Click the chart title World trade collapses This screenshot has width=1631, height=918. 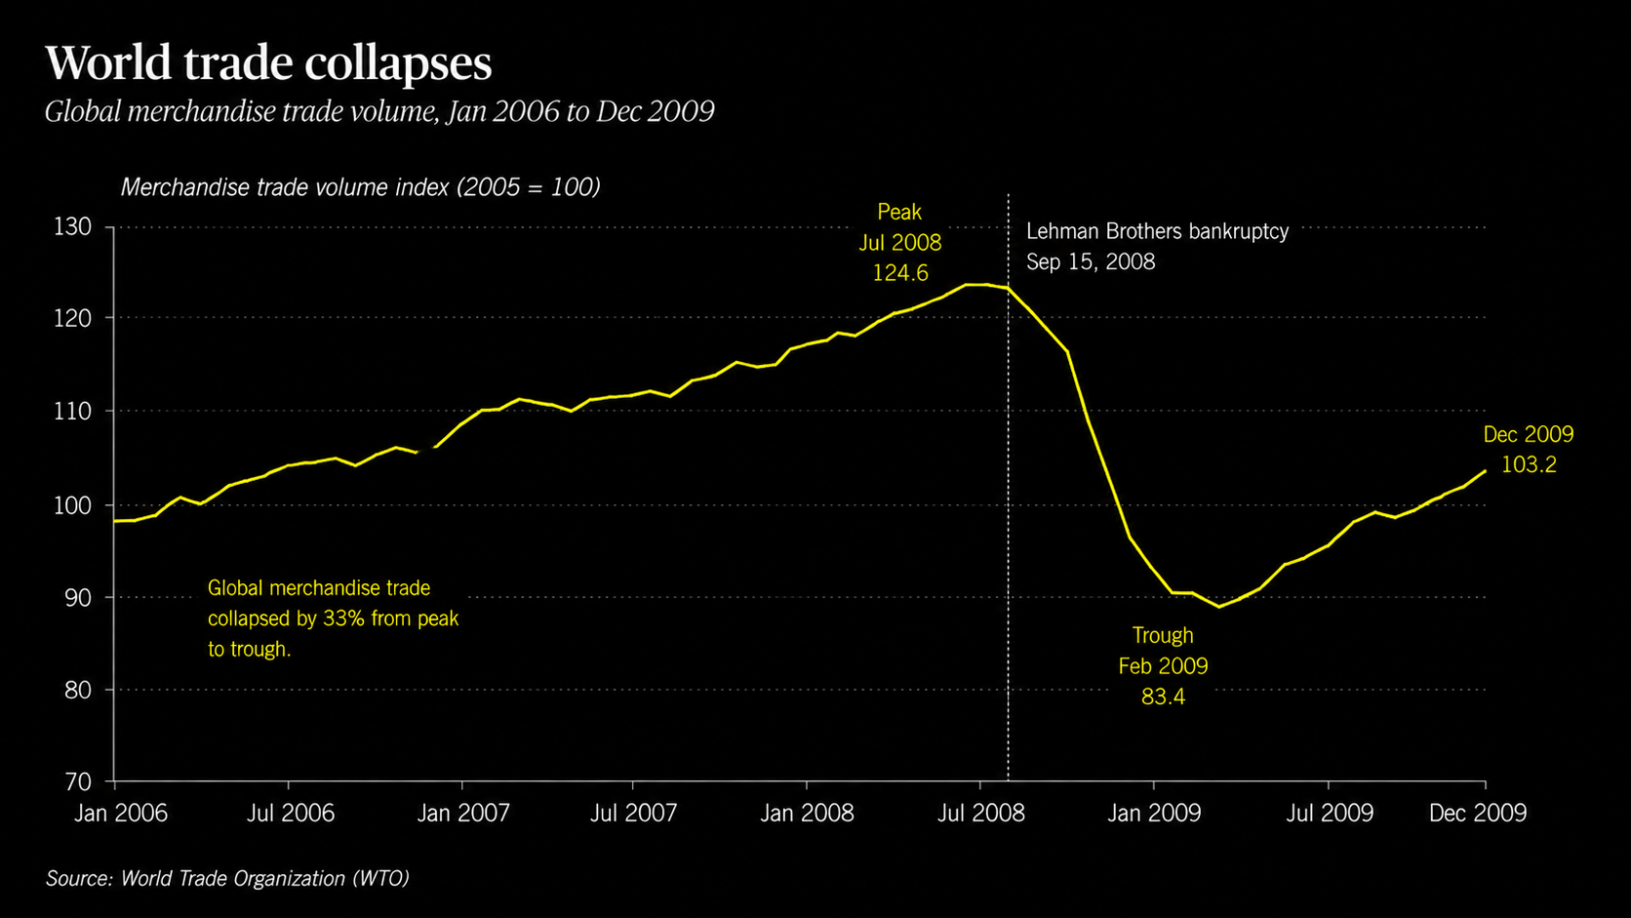(268, 63)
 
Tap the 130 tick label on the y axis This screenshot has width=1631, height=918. (73, 227)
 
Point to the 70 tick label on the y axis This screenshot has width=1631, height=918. (78, 781)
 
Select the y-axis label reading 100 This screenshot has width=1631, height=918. (73, 505)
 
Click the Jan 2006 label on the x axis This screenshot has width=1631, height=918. (121, 813)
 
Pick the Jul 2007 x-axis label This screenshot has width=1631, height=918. (633, 813)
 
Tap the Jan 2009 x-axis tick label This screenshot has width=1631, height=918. (1154, 813)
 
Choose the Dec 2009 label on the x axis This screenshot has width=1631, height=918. (1478, 813)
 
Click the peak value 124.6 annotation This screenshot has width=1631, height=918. (900, 273)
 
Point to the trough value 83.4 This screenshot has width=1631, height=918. (1164, 697)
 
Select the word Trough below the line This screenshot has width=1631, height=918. (1163, 635)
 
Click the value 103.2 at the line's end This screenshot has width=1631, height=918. (1530, 464)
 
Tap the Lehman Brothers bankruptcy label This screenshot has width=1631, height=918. (1158, 231)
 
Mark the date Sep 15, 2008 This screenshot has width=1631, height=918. (1091, 262)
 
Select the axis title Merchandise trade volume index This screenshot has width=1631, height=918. (285, 188)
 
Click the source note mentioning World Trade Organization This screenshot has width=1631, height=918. (227, 879)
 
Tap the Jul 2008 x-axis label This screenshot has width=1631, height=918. (980, 813)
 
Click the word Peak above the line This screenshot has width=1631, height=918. (900, 212)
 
